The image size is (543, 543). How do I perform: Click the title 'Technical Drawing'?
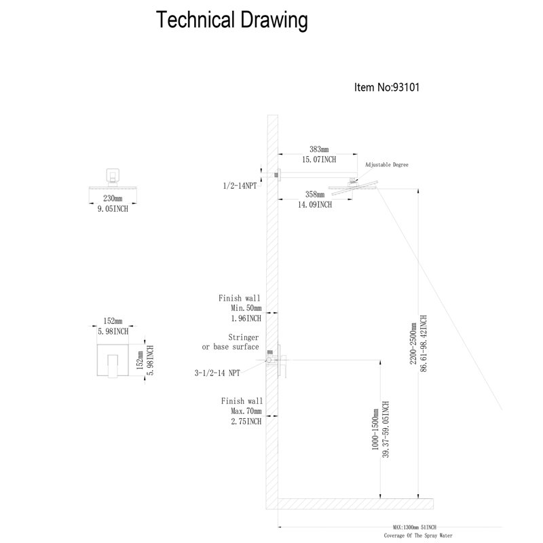coord(231,20)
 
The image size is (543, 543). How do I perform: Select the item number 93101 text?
coord(406,87)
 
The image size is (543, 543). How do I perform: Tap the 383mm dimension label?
coord(319,149)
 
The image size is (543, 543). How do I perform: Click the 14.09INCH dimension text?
coord(315,205)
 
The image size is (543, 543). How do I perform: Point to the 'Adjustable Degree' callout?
coord(387,165)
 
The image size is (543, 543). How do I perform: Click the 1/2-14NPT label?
coord(240,186)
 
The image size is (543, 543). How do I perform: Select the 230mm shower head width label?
coord(113,198)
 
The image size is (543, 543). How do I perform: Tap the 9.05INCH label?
coord(113,209)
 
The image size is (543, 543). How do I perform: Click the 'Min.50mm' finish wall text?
coord(246,308)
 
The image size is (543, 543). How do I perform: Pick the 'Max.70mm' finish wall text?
coord(246,411)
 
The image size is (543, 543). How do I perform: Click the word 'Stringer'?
coord(244,337)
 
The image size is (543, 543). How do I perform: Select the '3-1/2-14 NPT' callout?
coord(217,373)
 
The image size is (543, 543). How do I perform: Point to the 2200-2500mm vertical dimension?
coord(413,343)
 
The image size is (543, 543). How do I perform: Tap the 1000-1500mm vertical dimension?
coord(375,430)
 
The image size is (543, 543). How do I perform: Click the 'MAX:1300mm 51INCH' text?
coord(415,527)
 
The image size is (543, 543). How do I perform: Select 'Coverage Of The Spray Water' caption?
coord(418,536)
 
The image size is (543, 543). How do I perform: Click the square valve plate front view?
coord(113,360)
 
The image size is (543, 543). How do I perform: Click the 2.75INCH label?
coord(246,422)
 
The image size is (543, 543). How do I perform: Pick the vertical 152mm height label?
coord(140,360)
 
